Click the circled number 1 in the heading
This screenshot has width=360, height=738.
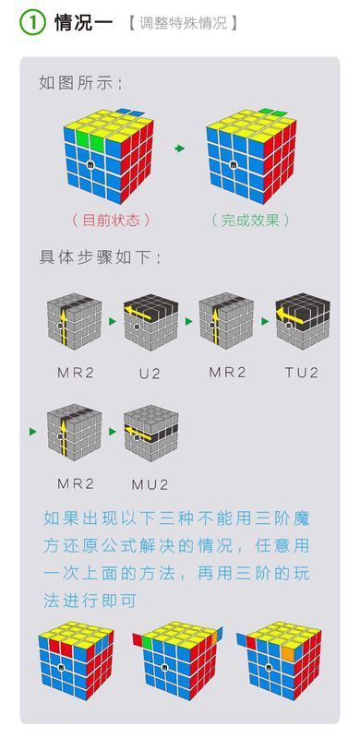33,23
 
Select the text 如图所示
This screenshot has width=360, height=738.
81,83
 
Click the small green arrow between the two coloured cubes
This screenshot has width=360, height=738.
180,149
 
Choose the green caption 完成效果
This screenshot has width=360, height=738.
250,220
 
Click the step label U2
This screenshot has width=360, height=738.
150,373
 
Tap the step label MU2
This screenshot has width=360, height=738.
151,482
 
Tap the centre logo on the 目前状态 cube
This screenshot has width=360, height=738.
91,166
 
